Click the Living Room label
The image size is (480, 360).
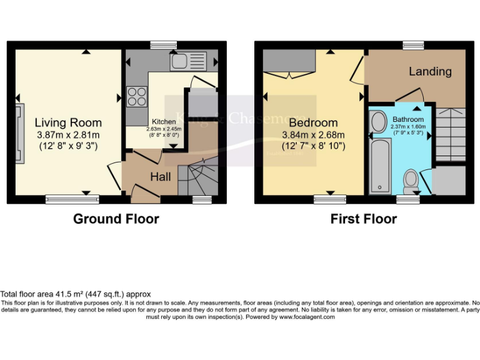67,122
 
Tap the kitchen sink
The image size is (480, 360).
187,61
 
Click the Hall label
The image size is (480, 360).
160,177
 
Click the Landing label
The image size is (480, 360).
430,71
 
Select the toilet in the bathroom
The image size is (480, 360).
411,181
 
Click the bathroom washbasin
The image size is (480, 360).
379,122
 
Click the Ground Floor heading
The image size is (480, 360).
116,219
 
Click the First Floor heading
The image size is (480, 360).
363,219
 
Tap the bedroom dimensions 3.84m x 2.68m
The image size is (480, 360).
313,135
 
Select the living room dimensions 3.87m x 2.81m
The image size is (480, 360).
67,135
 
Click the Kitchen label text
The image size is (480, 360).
164,121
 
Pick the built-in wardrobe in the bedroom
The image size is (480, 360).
289,62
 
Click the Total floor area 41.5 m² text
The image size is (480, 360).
76,294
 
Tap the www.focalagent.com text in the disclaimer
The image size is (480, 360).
306,317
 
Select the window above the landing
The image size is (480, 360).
413,44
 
